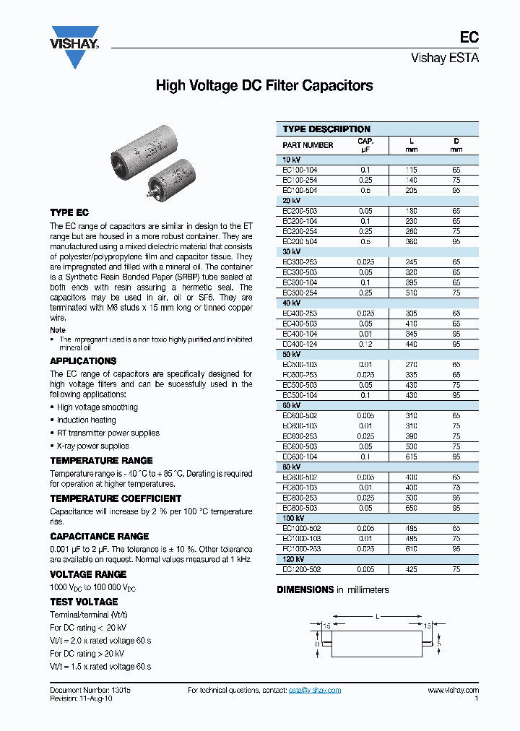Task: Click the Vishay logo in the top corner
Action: pyautogui.click(x=74, y=46)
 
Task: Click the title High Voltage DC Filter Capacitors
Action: pyautogui.click(x=264, y=86)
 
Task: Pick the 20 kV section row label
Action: pyautogui.click(x=291, y=201)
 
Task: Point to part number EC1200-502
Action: pyautogui.click(x=301, y=570)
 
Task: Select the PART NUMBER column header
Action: pyautogui.click(x=308, y=145)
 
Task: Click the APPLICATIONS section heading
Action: pyautogui.click(x=83, y=360)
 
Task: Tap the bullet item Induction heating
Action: pyautogui.click(x=86, y=420)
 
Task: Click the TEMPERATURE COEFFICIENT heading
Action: pyautogui.click(x=116, y=498)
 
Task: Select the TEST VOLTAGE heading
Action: pyautogui.click(x=84, y=602)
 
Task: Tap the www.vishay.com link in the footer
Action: pyautogui.click(x=453, y=690)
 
